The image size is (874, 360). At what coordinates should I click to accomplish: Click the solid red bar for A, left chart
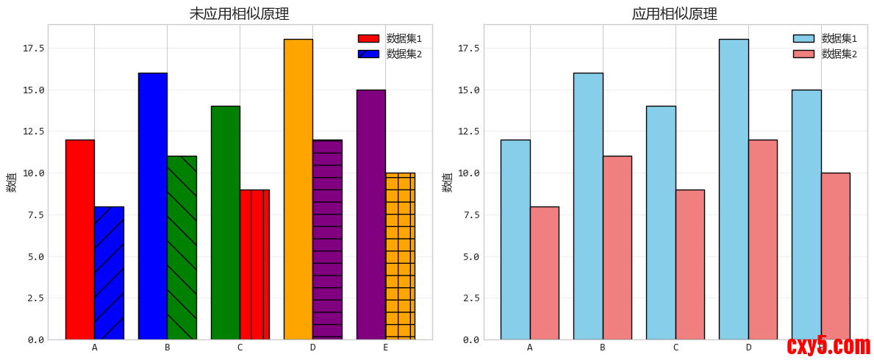pyautogui.click(x=79, y=240)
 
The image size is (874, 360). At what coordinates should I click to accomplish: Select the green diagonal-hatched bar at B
pyautogui.click(x=182, y=248)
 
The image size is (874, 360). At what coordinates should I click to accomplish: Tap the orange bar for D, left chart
pyautogui.click(x=298, y=189)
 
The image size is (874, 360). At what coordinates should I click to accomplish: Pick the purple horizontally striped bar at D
pyautogui.click(x=327, y=240)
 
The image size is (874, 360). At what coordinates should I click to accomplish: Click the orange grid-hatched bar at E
pyautogui.click(x=400, y=256)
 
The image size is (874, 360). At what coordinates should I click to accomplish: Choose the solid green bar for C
pyautogui.click(x=225, y=223)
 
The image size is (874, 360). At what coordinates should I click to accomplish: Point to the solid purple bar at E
pyautogui.click(x=370, y=215)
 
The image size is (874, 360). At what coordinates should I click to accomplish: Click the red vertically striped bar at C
pyautogui.click(x=254, y=264)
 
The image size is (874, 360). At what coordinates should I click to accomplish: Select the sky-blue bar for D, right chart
pyautogui.click(x=734, y=189)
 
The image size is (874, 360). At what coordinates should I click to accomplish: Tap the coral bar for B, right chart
pyautogui.click(x=617, y=248)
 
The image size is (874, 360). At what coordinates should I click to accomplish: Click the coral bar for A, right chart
pyautogui.click(x=544, y=273)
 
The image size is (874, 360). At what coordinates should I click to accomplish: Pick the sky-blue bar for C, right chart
pyautogui.click(x=661, y=223)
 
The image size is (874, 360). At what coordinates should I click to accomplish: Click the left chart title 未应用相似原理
pyautogui.click(x=239, y=14)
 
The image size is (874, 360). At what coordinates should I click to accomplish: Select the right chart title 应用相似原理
pyautogui.click(x=674, y=14)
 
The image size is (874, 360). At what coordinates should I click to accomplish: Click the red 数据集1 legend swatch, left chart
pyautogui.click(x=368, y=38)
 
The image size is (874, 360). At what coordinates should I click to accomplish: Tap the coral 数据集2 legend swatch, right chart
pyautogui.click(x=803, y=54)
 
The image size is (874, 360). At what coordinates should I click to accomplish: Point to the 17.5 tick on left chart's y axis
pyautogui.click(x=34, y=48)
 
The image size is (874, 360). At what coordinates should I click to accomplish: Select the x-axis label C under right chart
pyautogui.click(x=676, y=348)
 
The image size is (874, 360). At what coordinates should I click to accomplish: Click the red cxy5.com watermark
pyautogui.click(x=828, y=345)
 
